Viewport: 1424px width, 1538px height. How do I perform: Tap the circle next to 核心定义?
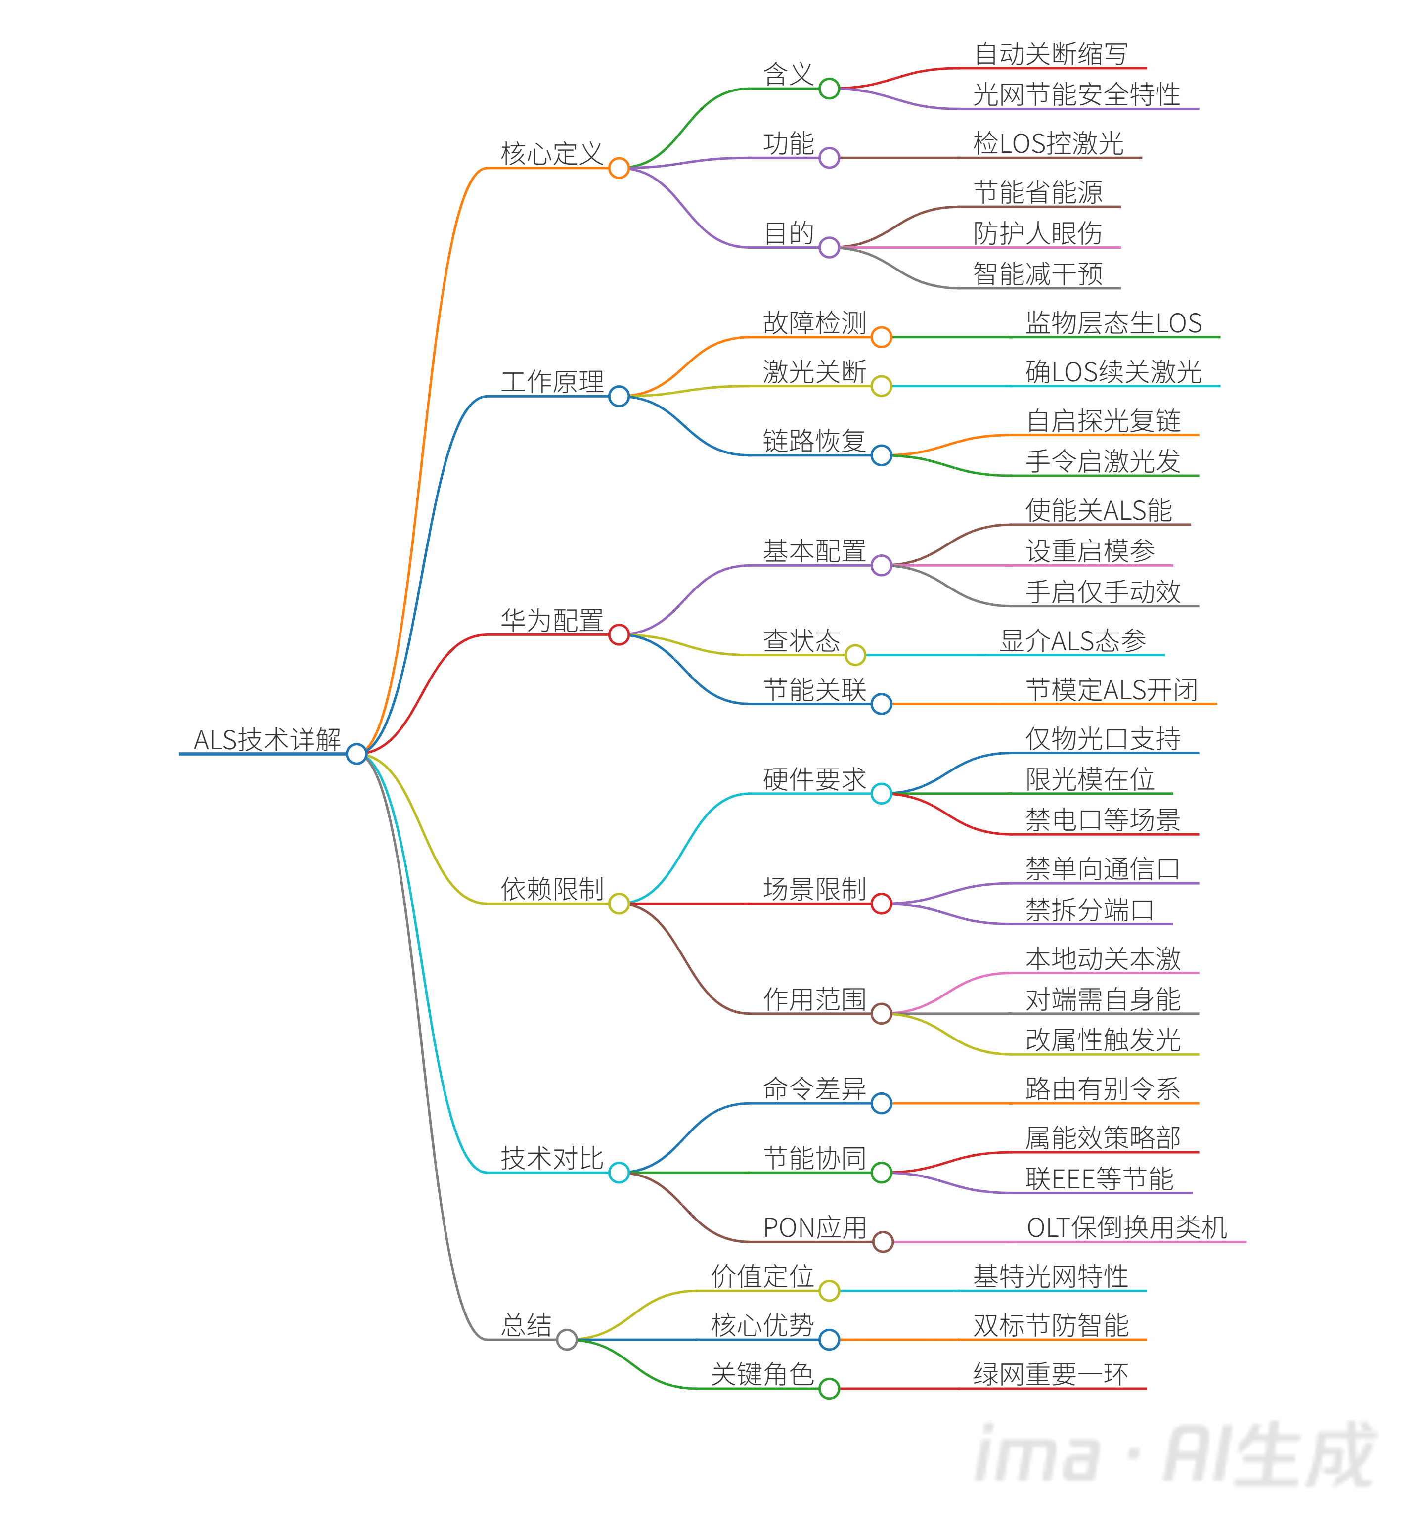click(619, 168)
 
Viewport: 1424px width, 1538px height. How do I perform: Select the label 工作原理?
click(552, 382)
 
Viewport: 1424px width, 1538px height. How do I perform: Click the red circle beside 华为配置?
click(619, 635)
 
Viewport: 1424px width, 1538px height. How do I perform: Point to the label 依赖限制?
click(552, 889)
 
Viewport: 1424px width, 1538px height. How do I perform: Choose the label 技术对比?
click(552, 1158)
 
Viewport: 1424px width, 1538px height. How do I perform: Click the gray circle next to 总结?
click(566, 1340)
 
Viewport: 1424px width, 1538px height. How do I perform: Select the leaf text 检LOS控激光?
click(1048, 144)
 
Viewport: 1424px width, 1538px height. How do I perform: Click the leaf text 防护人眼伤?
click(1037, 233)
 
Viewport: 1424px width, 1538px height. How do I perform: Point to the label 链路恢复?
click(814, 441)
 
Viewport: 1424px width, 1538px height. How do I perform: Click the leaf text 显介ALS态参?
click(1072, 641)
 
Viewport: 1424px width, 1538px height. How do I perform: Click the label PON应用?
click(814, 1227)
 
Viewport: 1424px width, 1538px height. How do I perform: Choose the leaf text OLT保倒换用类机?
click(1126, 1227)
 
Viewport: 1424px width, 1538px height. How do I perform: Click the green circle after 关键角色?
click(829, 1389)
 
